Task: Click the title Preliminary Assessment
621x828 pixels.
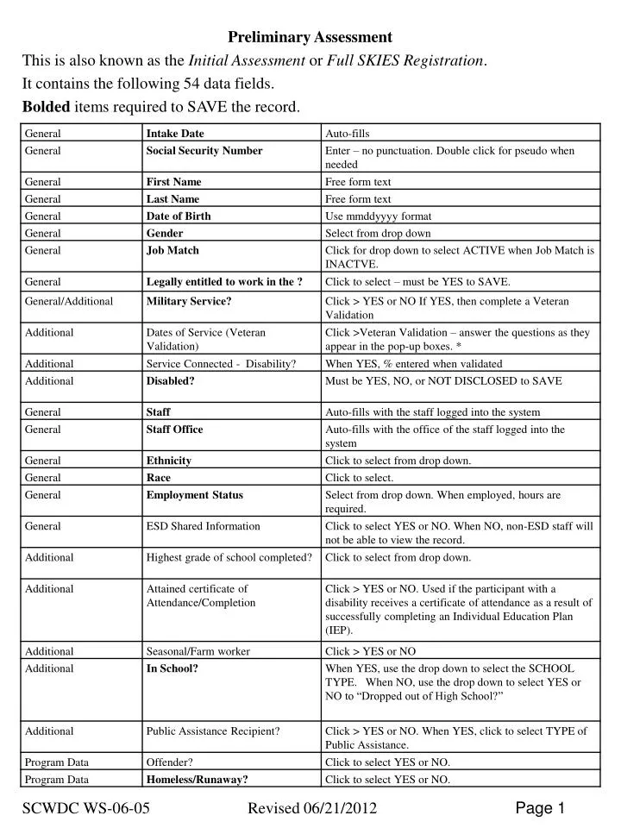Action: (310, 37)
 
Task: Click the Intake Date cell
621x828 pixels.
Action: (175, 134)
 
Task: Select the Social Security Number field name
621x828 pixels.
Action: (204, 151)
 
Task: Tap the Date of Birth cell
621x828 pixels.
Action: (179, 216)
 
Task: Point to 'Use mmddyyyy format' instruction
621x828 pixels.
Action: (378, 216)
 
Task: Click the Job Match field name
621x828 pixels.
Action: (172, 250)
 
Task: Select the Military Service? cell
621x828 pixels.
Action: (188, 301)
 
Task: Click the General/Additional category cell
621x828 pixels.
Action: (69, 301)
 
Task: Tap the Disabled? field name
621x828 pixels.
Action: (170, 381)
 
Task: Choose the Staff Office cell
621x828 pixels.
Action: (174, 430)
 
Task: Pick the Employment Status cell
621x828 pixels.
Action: (195, 495)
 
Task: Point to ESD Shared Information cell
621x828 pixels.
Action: (203, 526)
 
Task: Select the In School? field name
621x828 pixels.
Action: (172, 668)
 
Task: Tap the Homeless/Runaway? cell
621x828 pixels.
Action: (198, 780)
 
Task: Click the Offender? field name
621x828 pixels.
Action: (169, 762)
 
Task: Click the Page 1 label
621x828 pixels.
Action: (540, 808)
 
